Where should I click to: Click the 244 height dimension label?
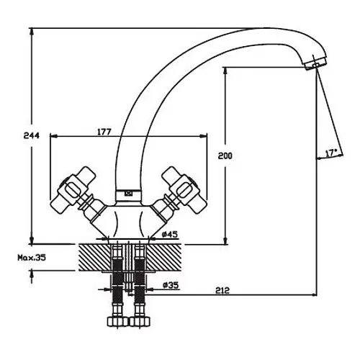(x=32, y=135)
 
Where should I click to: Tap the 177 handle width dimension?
(x=104, y=132)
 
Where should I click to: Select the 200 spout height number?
(x=225, y=156)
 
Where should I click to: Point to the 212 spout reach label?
(x=222, y=291)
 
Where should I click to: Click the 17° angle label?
(x=331, y=153)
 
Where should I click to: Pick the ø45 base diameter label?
(x=170, y=234)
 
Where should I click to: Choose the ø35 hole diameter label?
(x=171, y=285)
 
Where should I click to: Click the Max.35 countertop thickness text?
(x=32, y=258)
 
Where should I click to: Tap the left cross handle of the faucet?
(x=73, y=189)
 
